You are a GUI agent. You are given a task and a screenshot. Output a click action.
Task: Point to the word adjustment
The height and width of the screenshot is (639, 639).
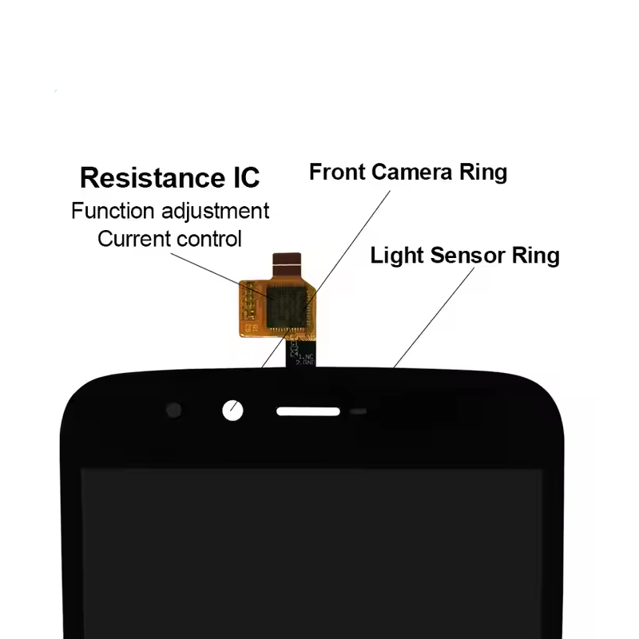tap(215, 212)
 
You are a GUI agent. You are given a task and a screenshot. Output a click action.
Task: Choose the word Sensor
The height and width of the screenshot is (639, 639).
tap(466, 256)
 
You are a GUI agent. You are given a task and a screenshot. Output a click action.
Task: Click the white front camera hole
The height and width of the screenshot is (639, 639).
tap(232, 411)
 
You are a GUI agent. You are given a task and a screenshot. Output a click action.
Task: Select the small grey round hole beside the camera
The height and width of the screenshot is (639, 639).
tap(173, 411)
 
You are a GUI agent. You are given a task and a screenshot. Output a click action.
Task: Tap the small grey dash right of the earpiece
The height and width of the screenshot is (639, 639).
tap(359, 412)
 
